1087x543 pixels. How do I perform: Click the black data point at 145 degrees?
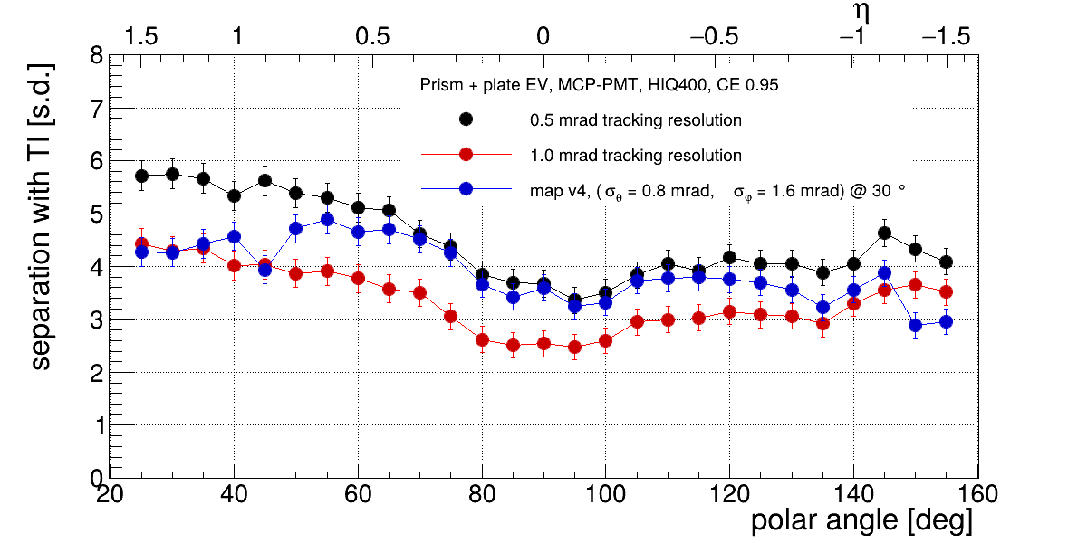[884, 233]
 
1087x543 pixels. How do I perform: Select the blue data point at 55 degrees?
[327, 219]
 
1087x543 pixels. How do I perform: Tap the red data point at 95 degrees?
[574, 347]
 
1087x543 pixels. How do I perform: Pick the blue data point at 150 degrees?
[915, 325]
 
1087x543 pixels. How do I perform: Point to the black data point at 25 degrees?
[141, 176]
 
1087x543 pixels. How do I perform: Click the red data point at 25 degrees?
[141, 243]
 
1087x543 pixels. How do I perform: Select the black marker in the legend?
[466, 119]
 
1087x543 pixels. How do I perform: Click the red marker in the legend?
[466, 155]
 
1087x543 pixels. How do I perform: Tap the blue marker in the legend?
[466, 189]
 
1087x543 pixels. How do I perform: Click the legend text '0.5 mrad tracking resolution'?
[636, 119]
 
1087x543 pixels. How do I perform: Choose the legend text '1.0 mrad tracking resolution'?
[636, 156]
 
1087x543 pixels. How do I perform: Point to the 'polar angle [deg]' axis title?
[861, 521]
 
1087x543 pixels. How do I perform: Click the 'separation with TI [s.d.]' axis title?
[41, 216]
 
